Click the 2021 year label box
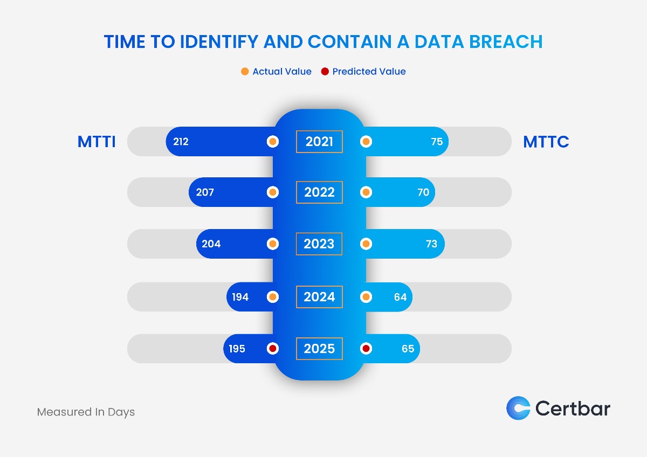(319, 142)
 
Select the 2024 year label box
(319, 297)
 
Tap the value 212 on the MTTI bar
(181, 142)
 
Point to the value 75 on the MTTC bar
(437, 142)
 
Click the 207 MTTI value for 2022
(205, 192)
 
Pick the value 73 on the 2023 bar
(431, 244)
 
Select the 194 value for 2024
(240, 297)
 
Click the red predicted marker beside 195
(273, 349)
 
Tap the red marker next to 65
(366, 349)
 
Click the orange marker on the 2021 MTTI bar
(273, 142)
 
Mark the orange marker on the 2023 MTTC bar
(366, 244)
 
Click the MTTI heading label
(97, 142)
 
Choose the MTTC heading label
(546, 142)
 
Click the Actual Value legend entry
(276, 72)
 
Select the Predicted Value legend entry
(363, 72)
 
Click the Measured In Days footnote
(86, 412)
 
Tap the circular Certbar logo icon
(518, 408)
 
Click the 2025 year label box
(319, 349)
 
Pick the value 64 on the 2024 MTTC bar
(400, 297)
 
